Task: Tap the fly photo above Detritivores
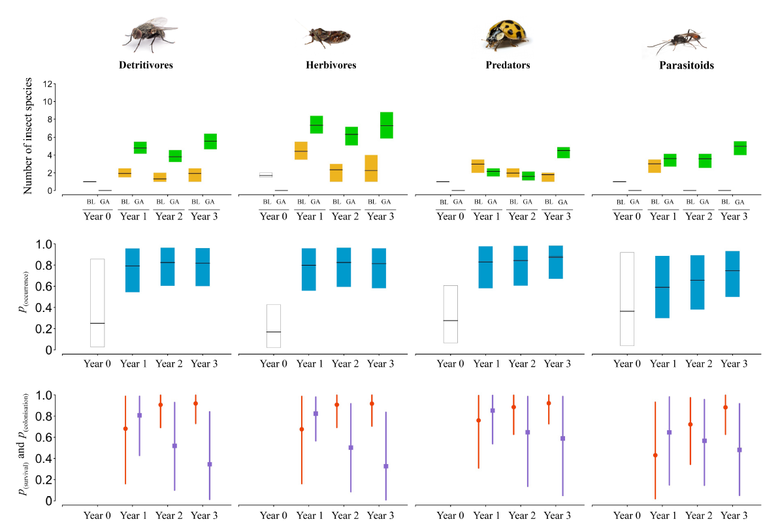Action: pos(150,35)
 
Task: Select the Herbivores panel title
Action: pos(331,65)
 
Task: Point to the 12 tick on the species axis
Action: pos(47,84)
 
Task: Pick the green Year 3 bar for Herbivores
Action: pos(386,125)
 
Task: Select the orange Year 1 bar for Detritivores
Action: pos(125,172)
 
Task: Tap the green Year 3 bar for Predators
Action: pos(563,153)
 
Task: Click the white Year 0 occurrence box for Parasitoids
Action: pos(627,299)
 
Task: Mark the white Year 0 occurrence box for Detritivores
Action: pos(98,303)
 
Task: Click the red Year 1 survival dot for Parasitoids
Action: pos(655,455)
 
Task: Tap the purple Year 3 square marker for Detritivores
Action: pos(210,464)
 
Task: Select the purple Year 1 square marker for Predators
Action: pos(493,411)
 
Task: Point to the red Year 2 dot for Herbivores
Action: pos(337,405)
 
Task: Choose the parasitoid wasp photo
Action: pos(677,42)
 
